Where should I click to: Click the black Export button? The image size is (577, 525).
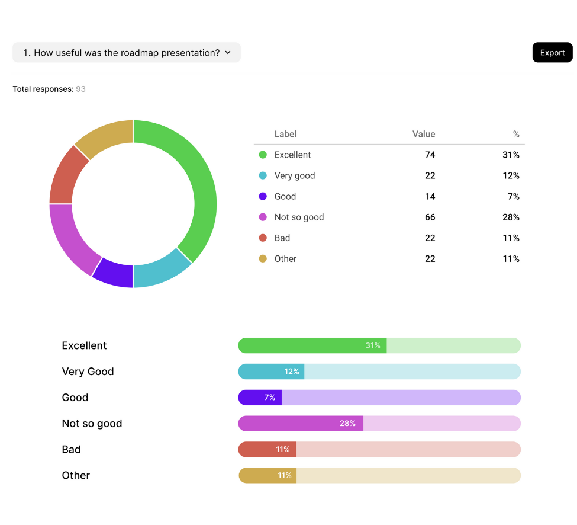(x=552, y=53)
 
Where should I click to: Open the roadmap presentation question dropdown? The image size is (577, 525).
(x=127, y=53)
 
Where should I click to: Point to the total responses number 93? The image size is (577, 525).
(x=80, y=89)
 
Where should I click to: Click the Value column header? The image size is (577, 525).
(x=423, y=135)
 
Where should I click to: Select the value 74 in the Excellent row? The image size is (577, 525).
(x=430, y=155)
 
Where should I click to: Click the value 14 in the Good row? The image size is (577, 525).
(x=430, y=197)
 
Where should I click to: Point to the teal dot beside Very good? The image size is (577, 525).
(x=263, y=176)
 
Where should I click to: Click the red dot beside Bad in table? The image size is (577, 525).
(x=263, y=238)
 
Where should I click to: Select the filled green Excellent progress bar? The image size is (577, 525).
(x=312, y=345)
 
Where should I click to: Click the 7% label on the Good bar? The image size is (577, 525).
(x=270, y=398)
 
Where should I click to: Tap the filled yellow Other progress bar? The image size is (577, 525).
(x=267, y=475)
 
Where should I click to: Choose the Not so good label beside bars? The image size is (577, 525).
(x=92, y=424)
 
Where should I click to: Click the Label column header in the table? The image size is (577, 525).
(x=285, y=135)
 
